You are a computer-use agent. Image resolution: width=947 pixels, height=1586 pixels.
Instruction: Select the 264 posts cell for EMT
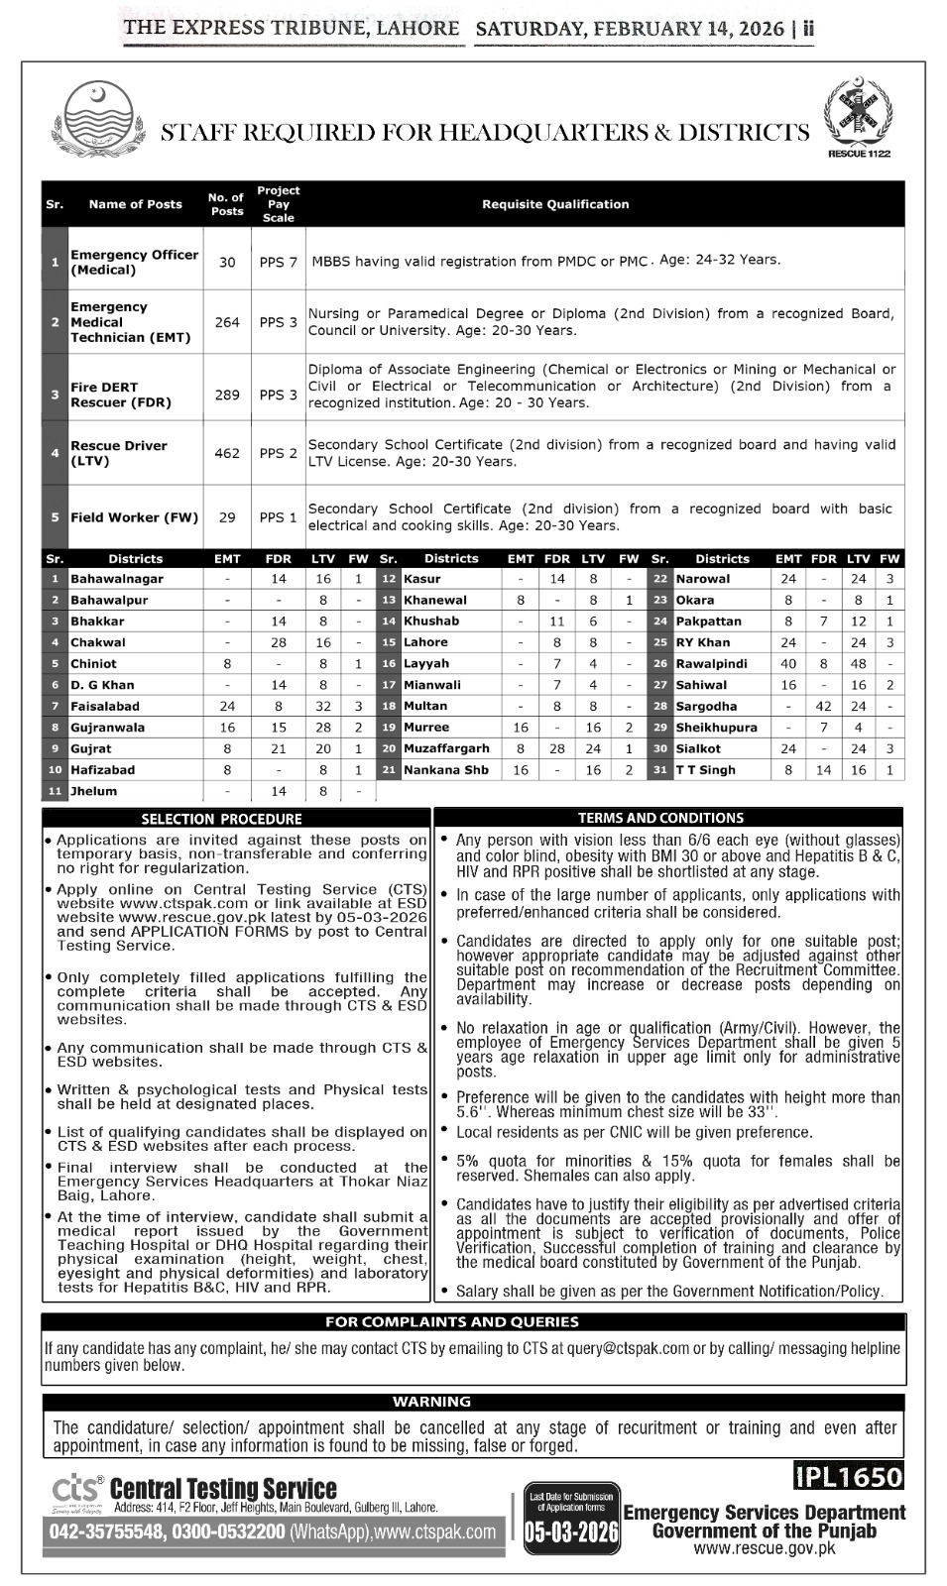pos(227,322)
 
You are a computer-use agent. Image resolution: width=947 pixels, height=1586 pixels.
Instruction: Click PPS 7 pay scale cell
pos(279,263)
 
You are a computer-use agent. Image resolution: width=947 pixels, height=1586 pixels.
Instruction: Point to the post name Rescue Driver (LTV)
pos(119,453)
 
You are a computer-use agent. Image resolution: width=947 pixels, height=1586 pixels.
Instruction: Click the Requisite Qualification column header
pos(555,204)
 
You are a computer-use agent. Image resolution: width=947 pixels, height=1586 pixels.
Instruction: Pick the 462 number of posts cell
pos(227,453)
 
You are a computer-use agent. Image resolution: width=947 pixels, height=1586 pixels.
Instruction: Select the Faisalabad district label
pos(105,706)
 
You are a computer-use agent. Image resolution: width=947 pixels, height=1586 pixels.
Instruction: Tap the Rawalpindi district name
pos(711,663)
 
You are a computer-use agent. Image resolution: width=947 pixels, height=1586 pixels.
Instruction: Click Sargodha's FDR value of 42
pos(823,706)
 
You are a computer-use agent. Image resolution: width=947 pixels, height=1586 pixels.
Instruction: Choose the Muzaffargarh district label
pos(446,748)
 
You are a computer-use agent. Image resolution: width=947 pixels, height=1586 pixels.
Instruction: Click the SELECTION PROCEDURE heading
pos(221,819)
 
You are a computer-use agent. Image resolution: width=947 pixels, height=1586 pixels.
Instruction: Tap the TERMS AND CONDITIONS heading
pos(660,818)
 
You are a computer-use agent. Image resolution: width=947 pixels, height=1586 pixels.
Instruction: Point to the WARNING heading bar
pos(431,1402)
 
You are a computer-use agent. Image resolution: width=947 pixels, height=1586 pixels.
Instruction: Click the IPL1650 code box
pos(849,1477)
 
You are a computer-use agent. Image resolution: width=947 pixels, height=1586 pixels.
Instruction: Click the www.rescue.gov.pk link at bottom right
pos(764,1549)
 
